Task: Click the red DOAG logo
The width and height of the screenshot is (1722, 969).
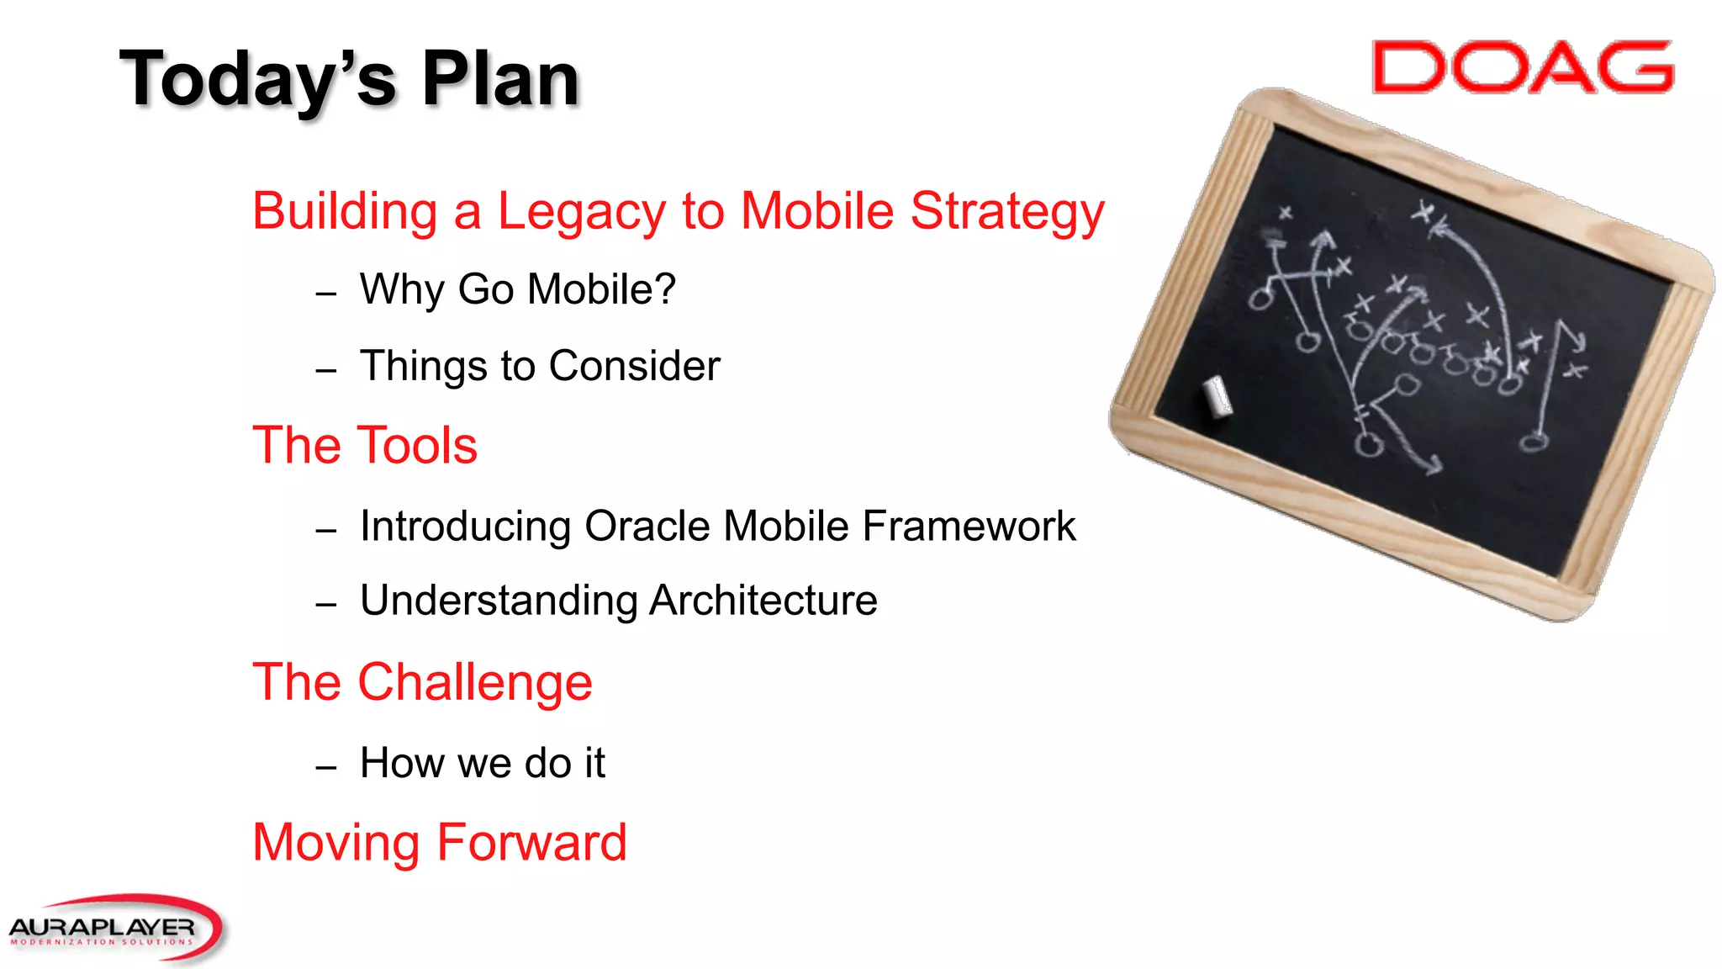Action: tap(1522, 67)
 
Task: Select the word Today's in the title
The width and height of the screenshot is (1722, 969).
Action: tap(257, 80)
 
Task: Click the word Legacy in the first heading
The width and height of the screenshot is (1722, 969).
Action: tap(581, 211)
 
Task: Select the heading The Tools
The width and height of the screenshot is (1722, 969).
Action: tap(365, 445)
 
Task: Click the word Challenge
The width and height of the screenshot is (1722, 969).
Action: tap(475, 682)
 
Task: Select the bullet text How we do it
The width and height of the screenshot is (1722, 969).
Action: tap(482, 763)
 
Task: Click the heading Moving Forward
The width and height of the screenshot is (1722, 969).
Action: tap(440, 843)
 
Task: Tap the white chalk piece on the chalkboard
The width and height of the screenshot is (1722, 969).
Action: tap(1217, 396)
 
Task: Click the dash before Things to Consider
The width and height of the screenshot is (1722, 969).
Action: tap(326, 371)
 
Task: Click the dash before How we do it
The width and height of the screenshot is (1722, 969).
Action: tap(326, 768)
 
